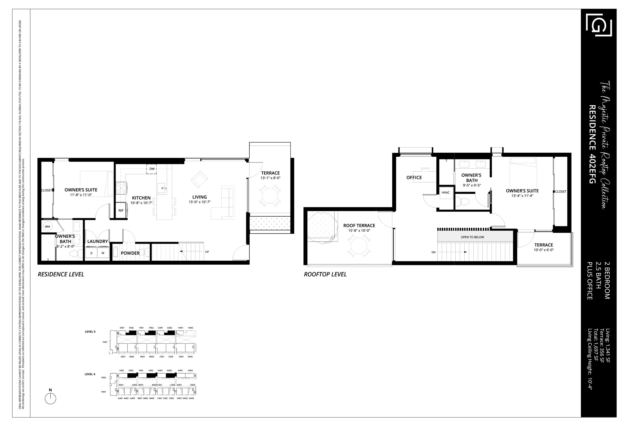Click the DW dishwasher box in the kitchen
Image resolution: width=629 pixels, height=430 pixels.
point(152,169)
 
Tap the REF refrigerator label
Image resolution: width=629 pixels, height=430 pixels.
point(121,210)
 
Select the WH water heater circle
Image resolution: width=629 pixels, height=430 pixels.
point(48,227)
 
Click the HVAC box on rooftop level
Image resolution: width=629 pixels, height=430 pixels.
point(445,193)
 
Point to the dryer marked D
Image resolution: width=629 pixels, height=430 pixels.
point(91,253)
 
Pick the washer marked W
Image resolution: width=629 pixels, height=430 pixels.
point(103,253)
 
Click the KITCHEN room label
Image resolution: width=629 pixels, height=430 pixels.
point(141,198)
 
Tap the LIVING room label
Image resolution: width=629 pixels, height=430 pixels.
point(200,197)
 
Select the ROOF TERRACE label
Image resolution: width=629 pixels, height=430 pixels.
point(359,226)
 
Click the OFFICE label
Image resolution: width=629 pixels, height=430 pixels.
point(414,177)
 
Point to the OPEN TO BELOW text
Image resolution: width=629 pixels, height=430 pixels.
point(472,237)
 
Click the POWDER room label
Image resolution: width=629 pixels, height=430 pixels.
point(130,253)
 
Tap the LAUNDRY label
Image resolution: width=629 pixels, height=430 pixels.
point(98,241)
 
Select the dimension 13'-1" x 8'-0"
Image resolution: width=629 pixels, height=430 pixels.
point(270,178)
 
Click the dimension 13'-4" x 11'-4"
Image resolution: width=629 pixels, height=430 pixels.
point(522,196)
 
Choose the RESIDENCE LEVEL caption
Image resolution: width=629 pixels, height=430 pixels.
point(61,274)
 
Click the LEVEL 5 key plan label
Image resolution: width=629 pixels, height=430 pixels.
point(90,332)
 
